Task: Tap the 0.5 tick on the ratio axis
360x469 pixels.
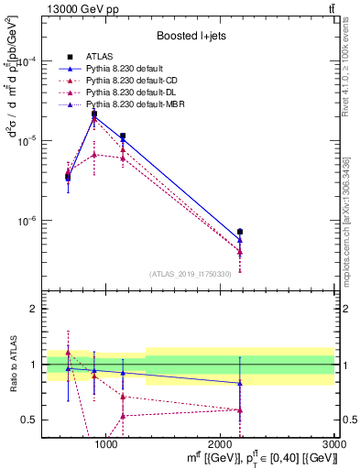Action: tap(34, 420)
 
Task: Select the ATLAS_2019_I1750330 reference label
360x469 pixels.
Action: tap(191, 274)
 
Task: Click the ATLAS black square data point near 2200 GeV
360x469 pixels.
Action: tap(240, 232)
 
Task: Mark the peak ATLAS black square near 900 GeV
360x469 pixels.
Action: tap(93, 114)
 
